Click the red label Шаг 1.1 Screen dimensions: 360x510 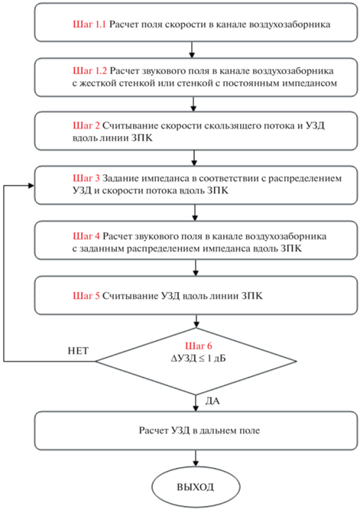point(89,24)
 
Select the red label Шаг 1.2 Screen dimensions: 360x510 point(89,71)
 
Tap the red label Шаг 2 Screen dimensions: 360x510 point(86,125)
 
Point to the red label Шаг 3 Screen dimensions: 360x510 point(86,178)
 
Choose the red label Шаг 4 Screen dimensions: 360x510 point(86,236)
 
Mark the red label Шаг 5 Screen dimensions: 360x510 point(86,296)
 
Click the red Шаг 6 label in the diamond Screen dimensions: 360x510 point(199,346)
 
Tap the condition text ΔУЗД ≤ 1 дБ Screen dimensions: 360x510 point(198,359)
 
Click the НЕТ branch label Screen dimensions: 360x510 point(78,351)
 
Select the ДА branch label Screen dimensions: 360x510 point(212,401)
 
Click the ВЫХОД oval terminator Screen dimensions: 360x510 point(196,487)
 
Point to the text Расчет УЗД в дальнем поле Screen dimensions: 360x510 point(199,430)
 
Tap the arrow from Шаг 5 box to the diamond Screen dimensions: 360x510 point(196,321)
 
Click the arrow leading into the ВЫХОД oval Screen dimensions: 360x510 point(196,459)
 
